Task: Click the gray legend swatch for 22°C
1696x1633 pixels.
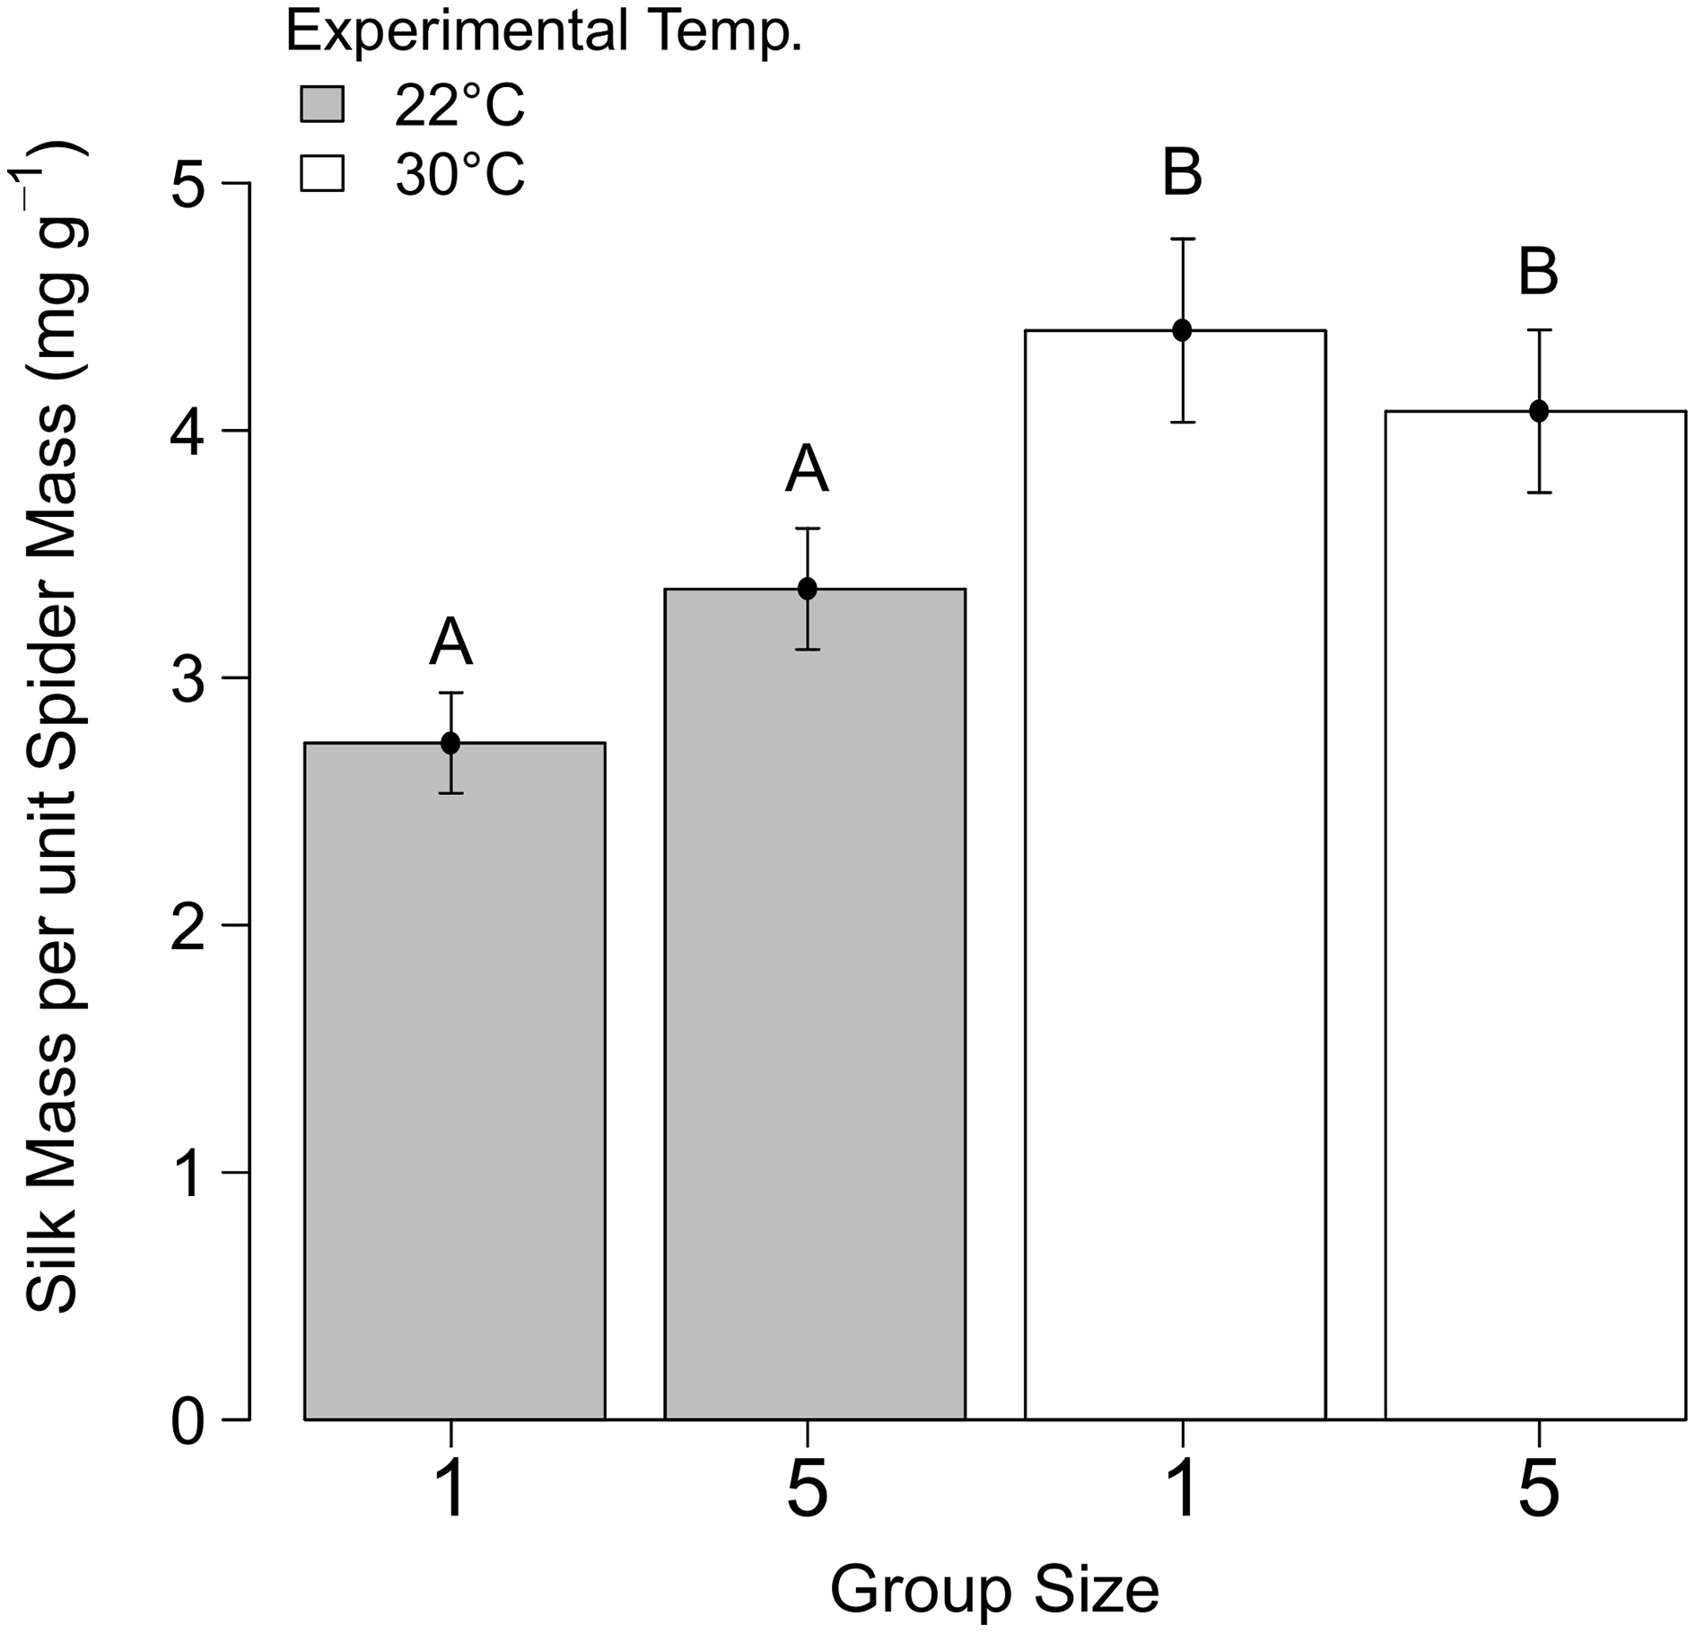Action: click(x=321, y=104)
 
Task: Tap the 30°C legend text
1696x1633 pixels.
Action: click(x=459, y=174)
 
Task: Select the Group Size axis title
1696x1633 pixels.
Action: click(x=994, y=1588)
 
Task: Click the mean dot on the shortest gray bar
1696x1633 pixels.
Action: click(x=450, y=743)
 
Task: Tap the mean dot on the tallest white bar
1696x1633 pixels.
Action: click(x=1182, y=330)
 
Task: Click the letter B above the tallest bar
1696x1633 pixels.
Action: click(x=1182, y=173)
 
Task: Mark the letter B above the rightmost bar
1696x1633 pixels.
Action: click(x=1538, y=273)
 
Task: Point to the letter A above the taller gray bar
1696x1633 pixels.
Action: click(x=807, y=470)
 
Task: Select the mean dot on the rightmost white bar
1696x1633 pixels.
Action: click(x=1538, y=411)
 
